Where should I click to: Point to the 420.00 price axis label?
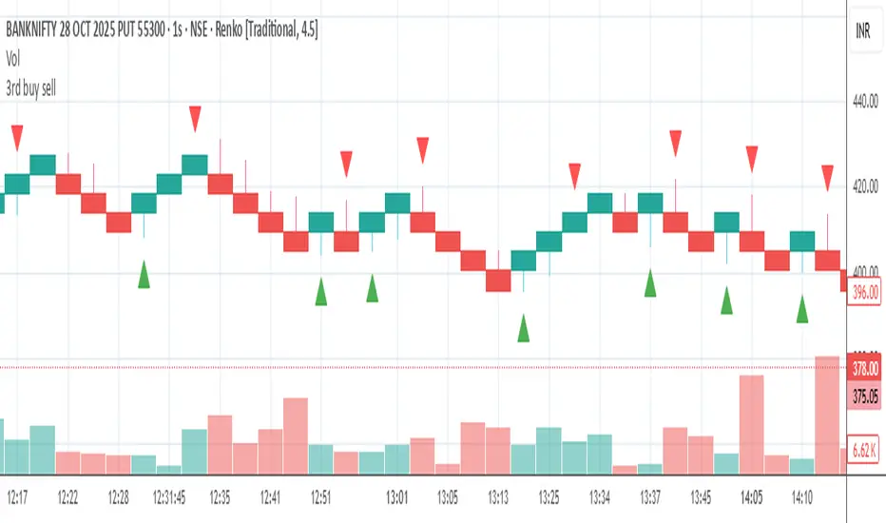[865, 187]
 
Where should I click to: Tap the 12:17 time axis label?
[17, 496]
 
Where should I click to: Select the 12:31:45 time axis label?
[168, 496]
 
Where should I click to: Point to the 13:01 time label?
[397, 496]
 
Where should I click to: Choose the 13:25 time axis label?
[549, 496]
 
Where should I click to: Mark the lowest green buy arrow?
[523, 328]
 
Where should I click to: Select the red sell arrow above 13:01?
[422, 149]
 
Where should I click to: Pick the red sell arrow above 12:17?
[17, 137]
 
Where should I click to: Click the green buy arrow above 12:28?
[144, 275]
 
